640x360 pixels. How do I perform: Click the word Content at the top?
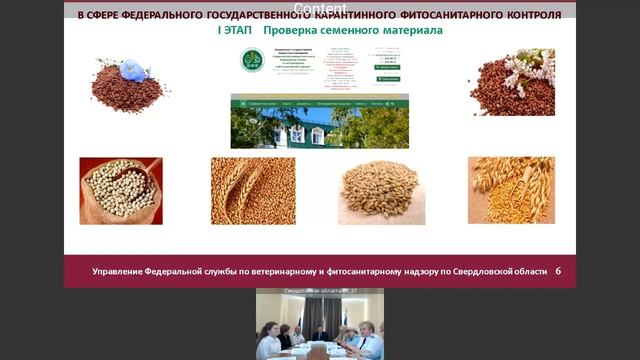pos(320,9)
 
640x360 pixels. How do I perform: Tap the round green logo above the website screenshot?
pos(252,60)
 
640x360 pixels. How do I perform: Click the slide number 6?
pos(558,271)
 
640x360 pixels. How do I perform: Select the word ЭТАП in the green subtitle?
pos(239,31)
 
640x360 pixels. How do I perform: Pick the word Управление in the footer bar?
pos(121,271)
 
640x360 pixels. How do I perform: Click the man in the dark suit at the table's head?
pos(320,334)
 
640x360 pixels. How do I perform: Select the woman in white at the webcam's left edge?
pos(268,343)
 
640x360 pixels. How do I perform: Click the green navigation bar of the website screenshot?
pos(319,102)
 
